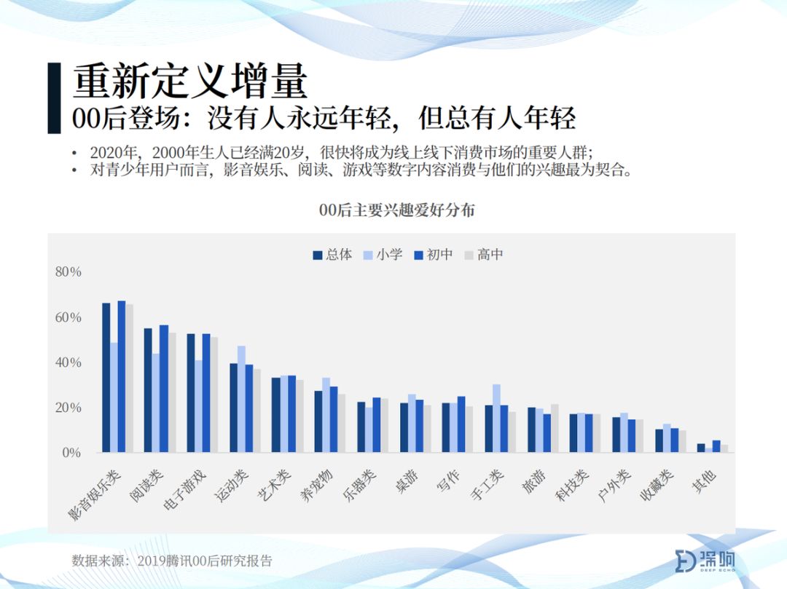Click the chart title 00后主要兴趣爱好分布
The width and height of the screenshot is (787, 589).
[x=396, y=210]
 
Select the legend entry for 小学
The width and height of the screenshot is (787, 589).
[x=383, y=255]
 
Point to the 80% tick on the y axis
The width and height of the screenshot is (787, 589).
[x=68, y=272]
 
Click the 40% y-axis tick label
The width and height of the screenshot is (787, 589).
[x=68, y=363]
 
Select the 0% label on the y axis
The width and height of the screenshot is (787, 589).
[x=71, y=453]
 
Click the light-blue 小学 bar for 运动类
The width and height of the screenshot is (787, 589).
[x=241, y=399]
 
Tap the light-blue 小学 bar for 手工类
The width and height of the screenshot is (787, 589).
[x=496, y=419]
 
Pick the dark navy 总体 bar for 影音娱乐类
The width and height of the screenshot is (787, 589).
[x=106, y=378]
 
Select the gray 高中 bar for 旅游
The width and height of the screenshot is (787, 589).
[x=555, y=429]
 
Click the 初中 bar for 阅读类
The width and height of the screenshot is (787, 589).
[x=164, y=389]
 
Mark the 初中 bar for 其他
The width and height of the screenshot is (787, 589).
[x=716, y=446]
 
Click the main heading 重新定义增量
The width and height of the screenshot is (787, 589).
[x=189, y=82]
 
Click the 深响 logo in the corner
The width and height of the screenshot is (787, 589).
[x=705, y=561]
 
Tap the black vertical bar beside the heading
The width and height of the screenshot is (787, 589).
[x=54, y=98]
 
